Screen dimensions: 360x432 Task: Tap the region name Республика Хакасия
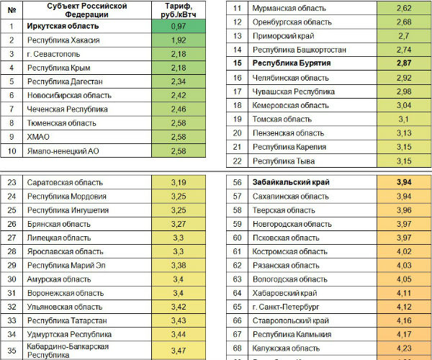point(63,40)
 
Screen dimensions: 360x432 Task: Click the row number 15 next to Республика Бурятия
point(237,63)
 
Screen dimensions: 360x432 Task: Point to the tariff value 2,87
point(404,63)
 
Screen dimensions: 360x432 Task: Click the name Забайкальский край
point(291,182)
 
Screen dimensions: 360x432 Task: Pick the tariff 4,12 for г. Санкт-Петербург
point(404,306)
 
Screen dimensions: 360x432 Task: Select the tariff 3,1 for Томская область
point(404,119)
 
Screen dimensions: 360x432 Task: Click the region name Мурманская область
point(289,8)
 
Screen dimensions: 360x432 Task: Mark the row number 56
point(237,182)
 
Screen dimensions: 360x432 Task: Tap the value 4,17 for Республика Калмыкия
point(404,334)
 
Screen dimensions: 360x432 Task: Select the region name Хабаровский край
point(286,292)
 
